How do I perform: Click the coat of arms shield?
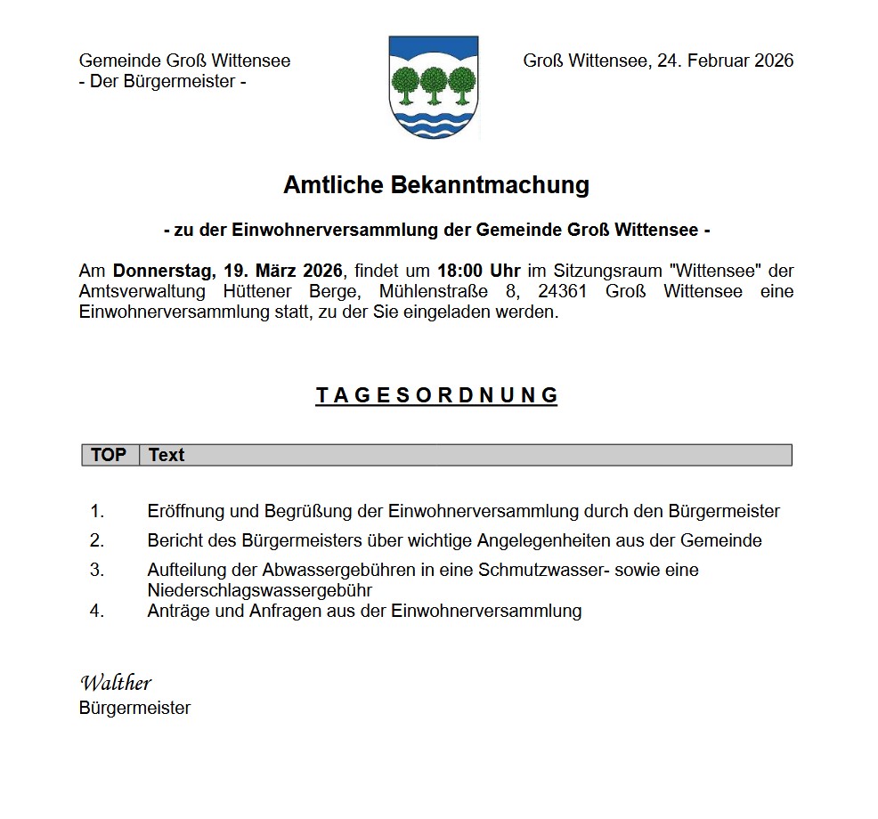[434, 87]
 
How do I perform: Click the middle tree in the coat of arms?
[434, 82]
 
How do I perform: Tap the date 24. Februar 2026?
[725, 61]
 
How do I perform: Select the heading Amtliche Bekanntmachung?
[436, 185]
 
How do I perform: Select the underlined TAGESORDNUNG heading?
[436, 395]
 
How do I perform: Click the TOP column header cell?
[109, 455]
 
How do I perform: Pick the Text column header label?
[167, 455]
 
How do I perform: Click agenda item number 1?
[97, 512]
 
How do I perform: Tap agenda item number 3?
[97, 570]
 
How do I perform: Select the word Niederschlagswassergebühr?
[259, 590]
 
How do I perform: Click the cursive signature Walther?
[116, 683]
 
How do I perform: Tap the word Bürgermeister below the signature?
[134, 709]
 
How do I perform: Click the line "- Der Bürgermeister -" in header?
[162, 82]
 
